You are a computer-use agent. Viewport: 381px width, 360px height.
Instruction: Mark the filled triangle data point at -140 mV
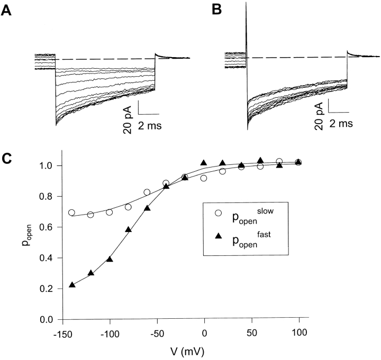pos(72,285)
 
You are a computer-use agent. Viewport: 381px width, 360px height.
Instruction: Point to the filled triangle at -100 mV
pos(110,259)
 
